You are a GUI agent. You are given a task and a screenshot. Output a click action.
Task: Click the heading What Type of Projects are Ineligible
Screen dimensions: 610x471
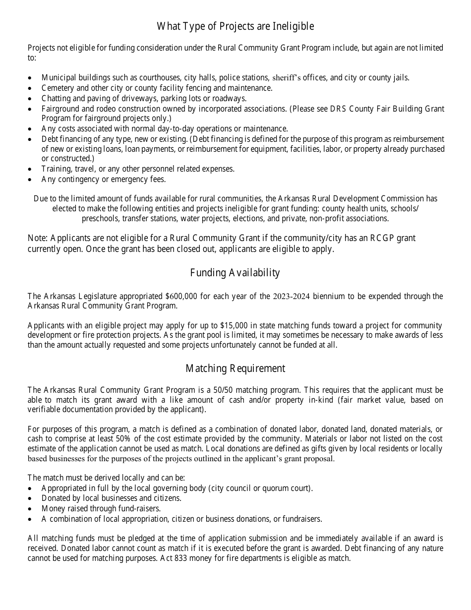(x=235, y=26)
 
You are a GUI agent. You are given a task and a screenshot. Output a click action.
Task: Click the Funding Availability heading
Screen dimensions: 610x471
(x=235, y=273)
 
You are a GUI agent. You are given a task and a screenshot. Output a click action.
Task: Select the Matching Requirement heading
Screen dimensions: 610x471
(x=235, y=368)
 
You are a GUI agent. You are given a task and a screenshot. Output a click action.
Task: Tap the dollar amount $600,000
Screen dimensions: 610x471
(x=182, y=297)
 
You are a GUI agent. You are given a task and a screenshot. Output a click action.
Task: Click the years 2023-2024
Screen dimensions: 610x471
(x=292, y=297)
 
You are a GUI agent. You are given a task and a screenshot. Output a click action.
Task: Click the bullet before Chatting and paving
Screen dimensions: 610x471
(x=31, y=99)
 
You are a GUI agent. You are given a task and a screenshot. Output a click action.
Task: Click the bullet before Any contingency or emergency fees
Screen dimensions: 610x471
(x=31, y=180)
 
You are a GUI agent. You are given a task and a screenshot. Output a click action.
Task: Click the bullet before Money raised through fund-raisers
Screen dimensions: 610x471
(x=31, y=509)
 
